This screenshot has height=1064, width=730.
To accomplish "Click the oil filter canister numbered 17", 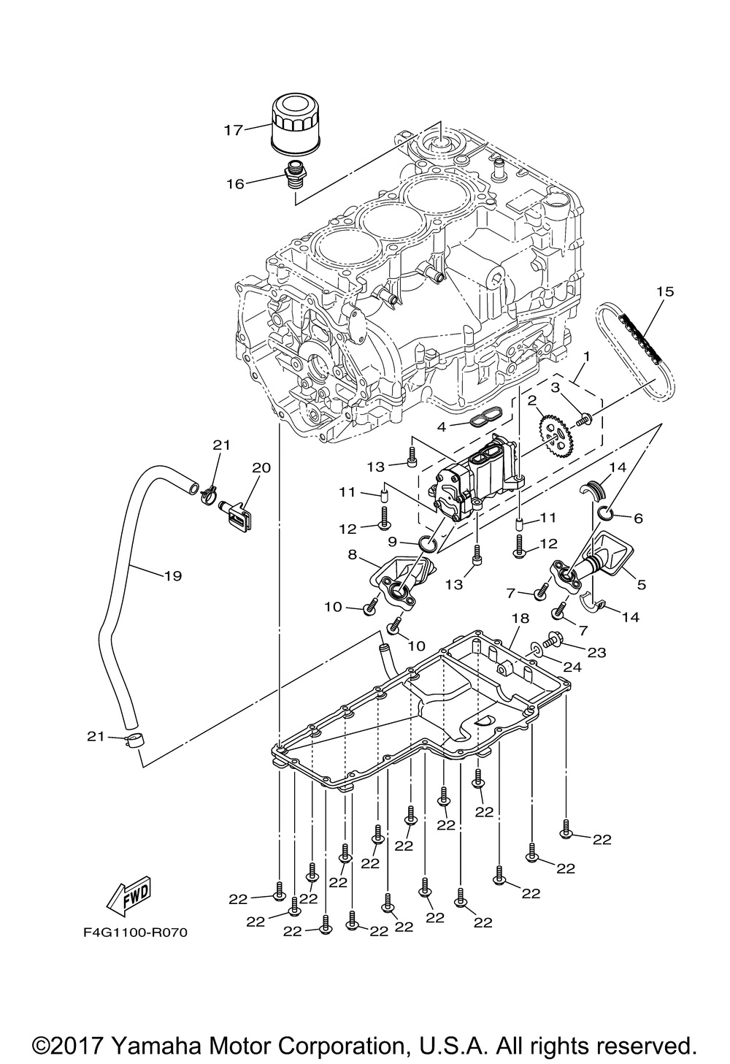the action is tap(296, 124).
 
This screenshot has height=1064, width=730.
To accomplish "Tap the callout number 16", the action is tap(236, 184).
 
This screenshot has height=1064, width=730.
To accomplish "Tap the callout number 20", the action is tap(261, 468).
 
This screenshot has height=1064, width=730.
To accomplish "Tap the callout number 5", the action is tap(642, 585).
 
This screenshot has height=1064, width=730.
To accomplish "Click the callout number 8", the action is tap(352, 555).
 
